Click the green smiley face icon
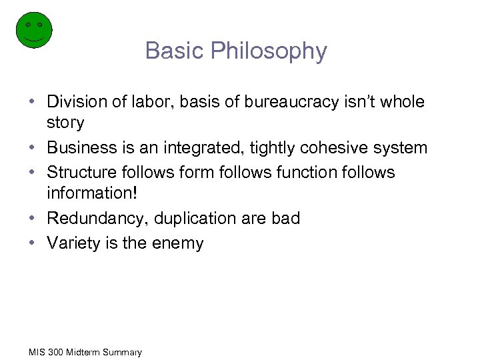coord(33,29)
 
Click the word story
coord(65,123)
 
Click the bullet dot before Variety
coord(32,243)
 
